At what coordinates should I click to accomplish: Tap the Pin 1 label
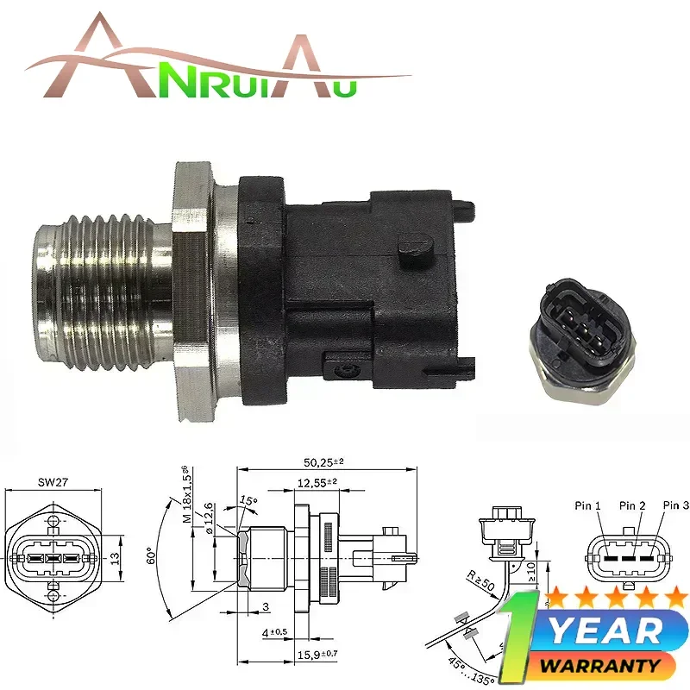tap(589, 505)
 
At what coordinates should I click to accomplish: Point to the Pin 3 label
tap(675, 505)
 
